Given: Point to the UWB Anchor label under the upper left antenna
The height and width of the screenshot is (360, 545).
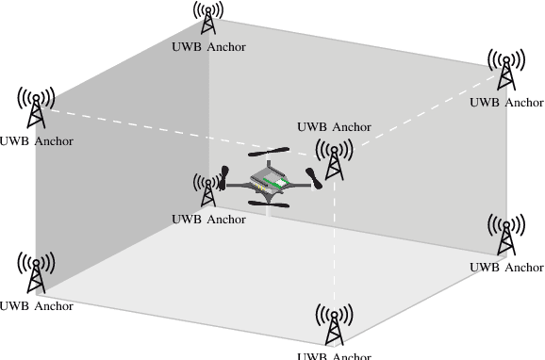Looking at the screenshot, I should click(36, 142).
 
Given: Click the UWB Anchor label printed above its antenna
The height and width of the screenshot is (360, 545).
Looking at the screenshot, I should click(334, 126).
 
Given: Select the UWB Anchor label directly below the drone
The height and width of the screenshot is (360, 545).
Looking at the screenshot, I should click(208, 220).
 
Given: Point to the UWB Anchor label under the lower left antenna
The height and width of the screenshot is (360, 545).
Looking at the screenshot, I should click(36, 306).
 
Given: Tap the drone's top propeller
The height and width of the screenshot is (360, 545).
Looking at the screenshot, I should click(268, 151).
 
